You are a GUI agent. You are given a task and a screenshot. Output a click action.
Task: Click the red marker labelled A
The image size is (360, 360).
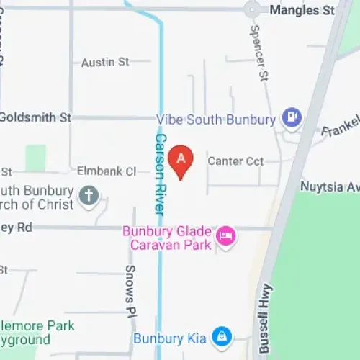181,159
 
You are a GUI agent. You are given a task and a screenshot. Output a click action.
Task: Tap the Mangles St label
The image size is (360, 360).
302,10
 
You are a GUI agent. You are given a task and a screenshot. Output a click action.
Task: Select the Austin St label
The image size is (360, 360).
104,63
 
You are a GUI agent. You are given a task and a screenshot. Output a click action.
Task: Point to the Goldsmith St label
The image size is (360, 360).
36,117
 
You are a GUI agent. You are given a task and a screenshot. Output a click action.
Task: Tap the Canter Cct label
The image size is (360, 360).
235,161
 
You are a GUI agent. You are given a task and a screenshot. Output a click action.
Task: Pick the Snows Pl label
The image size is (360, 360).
130,282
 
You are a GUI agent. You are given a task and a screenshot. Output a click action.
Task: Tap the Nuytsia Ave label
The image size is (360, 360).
330,186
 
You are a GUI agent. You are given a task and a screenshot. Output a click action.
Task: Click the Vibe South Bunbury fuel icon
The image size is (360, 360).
291,115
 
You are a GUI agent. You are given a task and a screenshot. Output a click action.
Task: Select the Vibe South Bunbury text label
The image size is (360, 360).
216,119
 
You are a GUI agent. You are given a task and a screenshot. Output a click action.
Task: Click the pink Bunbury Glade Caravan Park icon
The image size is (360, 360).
227,235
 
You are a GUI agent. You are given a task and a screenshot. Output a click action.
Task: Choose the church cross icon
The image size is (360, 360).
88,196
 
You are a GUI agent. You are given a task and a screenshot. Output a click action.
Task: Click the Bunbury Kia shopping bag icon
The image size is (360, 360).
222,336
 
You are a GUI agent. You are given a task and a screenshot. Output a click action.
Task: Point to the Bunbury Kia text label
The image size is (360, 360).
170,338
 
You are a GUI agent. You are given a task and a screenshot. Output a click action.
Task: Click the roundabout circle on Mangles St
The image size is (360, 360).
252,9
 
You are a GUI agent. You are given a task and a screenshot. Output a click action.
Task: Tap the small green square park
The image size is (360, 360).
35,158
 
